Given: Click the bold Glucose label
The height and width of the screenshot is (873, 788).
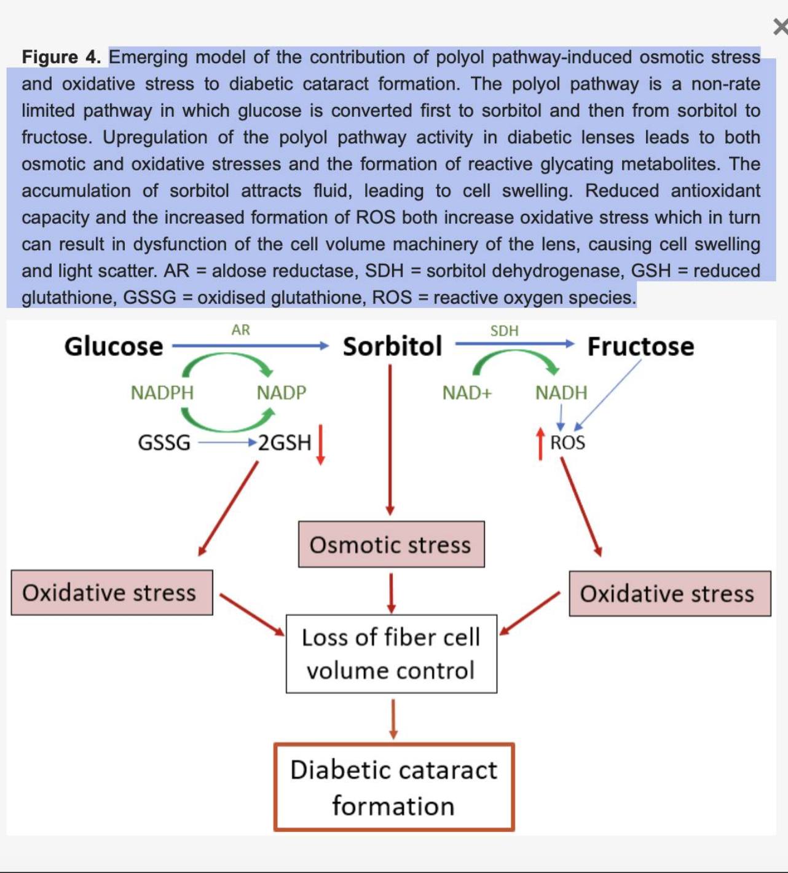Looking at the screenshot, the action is (x=114, y=347).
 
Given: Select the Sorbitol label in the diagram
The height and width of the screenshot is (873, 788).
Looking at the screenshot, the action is (x=393, y=346).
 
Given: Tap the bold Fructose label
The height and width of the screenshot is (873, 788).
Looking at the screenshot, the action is (x=641, y=347).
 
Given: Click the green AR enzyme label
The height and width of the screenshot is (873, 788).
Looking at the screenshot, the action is (x=240, y=330).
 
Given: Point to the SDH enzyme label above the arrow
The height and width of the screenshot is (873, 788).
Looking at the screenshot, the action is (x=504, y=331).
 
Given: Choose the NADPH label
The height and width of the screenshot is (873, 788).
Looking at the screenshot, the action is (x=162, y=393).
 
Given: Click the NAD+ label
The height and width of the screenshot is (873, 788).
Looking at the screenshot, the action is (x=467, y=393).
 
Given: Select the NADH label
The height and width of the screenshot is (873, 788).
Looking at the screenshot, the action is (x=561, y=393).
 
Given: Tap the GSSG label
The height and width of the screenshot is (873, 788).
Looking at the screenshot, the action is (x=164, y=443).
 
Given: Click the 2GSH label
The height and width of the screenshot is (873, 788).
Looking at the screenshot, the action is (x=285, y=443).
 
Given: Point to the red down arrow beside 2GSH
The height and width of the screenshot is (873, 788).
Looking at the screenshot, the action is (x=321, y=444).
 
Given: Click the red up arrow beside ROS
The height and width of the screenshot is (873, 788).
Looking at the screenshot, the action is (x=540, y=443).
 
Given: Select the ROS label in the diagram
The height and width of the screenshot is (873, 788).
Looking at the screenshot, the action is (x=568, y=443).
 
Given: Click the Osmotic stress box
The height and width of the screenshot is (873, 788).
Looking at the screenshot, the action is (x=391, y=544).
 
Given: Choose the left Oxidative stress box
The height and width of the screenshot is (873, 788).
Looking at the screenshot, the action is (x=112, y=592).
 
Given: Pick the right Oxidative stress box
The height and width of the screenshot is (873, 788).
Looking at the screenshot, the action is (x=670, y=593).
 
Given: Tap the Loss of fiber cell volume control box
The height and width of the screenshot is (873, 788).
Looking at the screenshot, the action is (x=391, y=654).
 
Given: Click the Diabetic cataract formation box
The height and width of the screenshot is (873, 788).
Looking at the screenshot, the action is (x=394, y=788).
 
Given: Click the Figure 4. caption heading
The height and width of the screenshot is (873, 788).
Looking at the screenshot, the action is (x=61, y=57).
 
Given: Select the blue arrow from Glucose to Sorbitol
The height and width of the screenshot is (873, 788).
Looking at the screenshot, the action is (x=251, y=346).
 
